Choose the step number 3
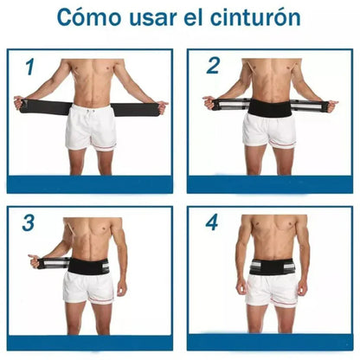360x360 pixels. point(29,222)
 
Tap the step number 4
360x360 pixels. point(211,222)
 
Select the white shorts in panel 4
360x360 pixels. point(272,289)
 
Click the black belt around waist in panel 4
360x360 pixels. point(272,266)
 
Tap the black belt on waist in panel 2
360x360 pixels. point(271,107)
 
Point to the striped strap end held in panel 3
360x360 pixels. point(52,261)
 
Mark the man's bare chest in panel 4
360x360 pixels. point(272,232)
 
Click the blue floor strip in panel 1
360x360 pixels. point(90,183)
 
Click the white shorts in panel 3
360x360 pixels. point(88,287)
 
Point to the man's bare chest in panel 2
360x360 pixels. point(271,74)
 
